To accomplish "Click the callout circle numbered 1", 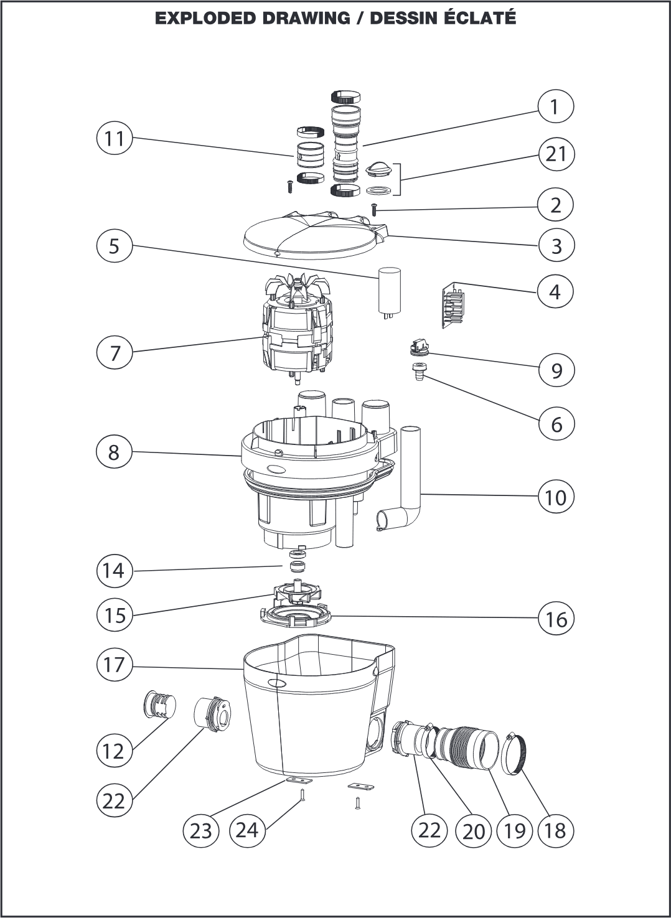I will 555,107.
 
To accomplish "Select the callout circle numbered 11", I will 115,138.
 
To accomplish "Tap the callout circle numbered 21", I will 555,154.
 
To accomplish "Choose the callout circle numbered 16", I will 555,619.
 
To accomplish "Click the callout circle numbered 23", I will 200,830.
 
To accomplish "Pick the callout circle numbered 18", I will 555,830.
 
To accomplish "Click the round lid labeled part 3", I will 311,235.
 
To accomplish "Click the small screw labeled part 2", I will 375,210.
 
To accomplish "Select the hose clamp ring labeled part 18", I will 514,753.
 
